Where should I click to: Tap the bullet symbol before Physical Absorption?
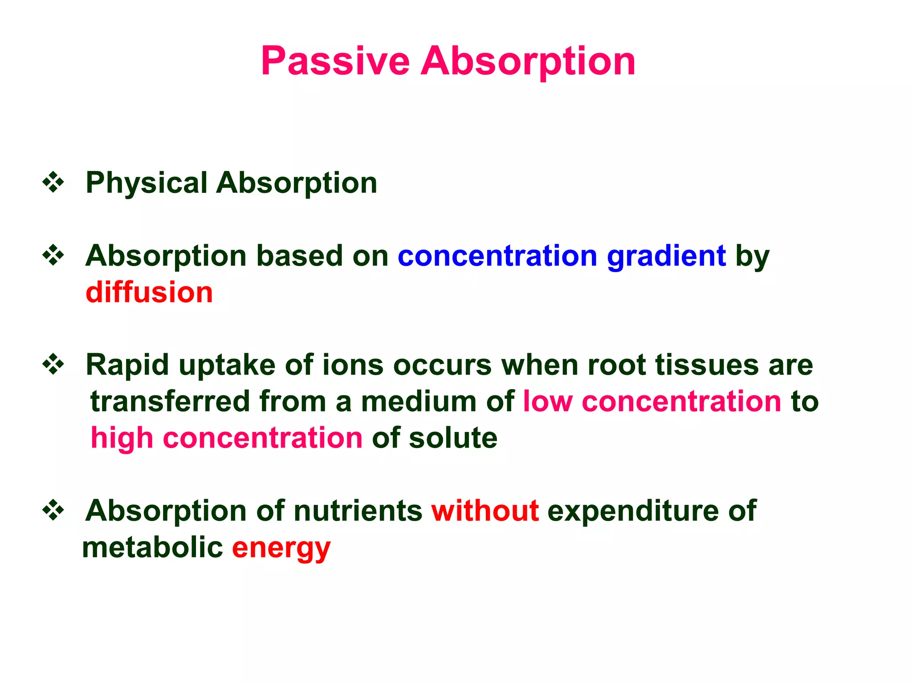(53, 183)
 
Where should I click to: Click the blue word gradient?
(666, 256)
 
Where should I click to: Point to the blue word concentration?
(497, 256)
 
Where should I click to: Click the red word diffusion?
(149, 293)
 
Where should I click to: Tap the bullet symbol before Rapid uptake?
(53, 365)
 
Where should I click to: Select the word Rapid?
(127, 365)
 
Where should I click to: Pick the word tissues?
(706, 365)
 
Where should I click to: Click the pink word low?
(547, 401)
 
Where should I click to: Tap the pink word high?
(122, 438)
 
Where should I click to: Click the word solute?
(453, 438)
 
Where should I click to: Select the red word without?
(485, 510)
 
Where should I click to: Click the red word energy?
(281, 548)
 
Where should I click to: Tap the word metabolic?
(152, 547)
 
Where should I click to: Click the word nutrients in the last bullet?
(358, 510)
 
